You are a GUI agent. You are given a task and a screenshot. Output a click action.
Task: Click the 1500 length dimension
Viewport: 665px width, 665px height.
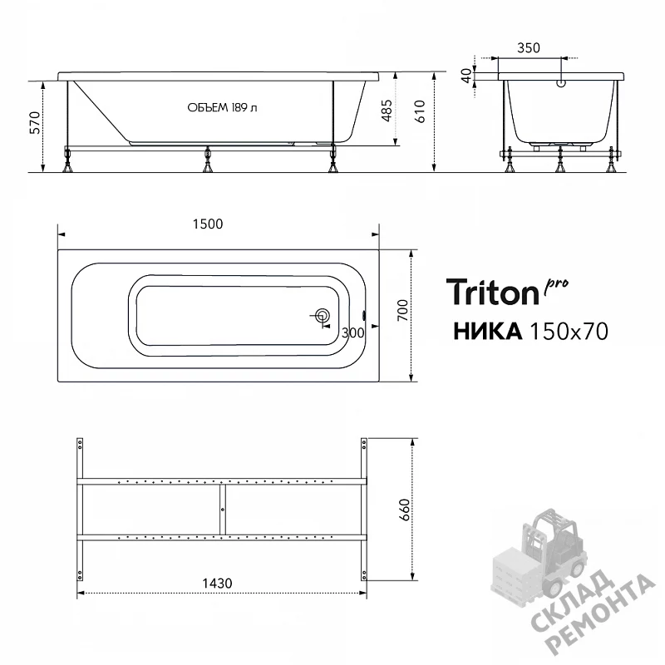coord(208,224)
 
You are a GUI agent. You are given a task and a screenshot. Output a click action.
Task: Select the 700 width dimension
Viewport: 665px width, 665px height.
coord(402,310)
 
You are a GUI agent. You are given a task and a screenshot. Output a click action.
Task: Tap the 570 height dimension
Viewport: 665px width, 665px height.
coord(35,122)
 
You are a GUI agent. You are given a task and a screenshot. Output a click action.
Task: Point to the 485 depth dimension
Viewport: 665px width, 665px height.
coord(387,111)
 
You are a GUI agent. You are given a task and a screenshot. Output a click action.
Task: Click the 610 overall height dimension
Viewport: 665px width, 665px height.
coord(420,111)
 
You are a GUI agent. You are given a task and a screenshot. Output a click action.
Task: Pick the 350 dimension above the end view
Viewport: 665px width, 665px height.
coord(529,48)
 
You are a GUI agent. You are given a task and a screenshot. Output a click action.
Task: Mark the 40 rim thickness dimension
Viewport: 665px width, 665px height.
coord(466,76)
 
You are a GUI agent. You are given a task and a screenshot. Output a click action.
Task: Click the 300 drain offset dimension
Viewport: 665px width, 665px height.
coord(352,333)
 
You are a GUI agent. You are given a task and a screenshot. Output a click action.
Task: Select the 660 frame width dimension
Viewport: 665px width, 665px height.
coord(405,510)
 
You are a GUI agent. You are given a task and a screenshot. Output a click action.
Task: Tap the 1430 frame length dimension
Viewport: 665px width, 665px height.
coord(217,584)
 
